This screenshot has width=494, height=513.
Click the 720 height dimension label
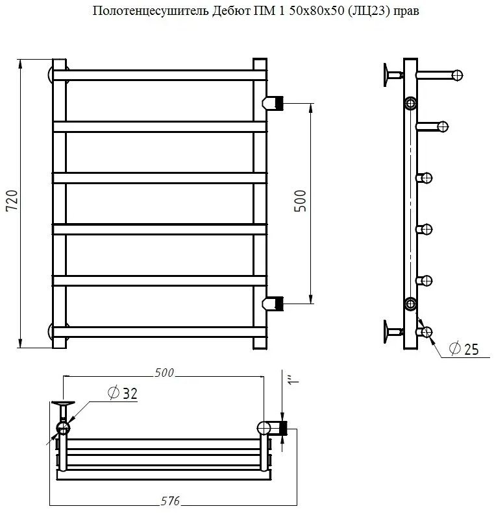click(x=12, y=200)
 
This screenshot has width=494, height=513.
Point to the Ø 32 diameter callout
click(x=123, y=392)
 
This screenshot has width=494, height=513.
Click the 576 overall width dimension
click(x=171, y=501)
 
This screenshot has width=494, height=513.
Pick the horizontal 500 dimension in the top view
click(x=164, y=373)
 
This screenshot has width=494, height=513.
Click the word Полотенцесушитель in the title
click(x=151, y=11)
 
